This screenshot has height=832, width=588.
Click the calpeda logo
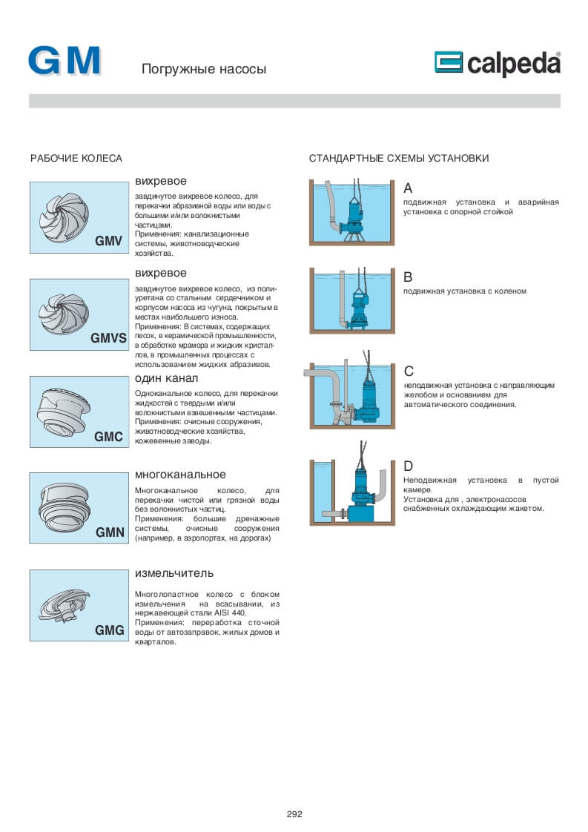tap(497, 64)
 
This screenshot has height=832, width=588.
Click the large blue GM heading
tap(65, 61)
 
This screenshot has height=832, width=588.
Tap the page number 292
tap(294, 813)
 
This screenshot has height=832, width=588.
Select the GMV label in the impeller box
tap(108, 241)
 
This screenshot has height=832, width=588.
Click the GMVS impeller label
tap(109, 338)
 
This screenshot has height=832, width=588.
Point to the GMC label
tap(108, 437)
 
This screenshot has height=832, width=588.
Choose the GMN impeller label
tap(110, 532)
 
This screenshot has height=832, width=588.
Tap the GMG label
tap(109, 631)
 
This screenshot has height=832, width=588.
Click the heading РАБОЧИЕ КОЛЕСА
tap(76, 159)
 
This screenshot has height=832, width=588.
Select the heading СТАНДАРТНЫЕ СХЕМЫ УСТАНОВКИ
tap(399, 159)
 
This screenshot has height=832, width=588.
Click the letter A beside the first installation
tap(408, 188)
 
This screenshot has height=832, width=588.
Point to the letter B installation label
tap(408, 277)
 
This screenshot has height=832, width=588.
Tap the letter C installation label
tap(409, 371)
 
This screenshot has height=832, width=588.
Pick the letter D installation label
tap(409, 466)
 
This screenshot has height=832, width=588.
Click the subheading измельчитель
tap(174, 572)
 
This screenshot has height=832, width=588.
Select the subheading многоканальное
tap(180, 475)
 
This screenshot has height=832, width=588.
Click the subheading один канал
tap(166, 378)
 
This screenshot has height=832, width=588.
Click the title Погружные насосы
tap(204, 70)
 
